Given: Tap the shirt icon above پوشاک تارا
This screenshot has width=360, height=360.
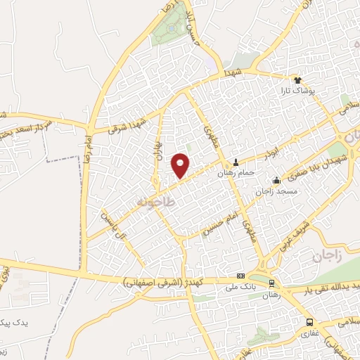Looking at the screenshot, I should click(297, 79).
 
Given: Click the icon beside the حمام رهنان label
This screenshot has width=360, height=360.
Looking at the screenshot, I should click(236, 162).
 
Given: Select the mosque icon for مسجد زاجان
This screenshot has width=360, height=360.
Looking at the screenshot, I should click(276, 180).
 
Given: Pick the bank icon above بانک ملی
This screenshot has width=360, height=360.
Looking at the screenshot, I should click(241, 276).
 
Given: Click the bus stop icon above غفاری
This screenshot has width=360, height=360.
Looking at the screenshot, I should click(309, 322).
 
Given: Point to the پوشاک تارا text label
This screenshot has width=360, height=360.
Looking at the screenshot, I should click(309, 91).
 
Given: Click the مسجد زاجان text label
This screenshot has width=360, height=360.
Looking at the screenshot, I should click(277, 191).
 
